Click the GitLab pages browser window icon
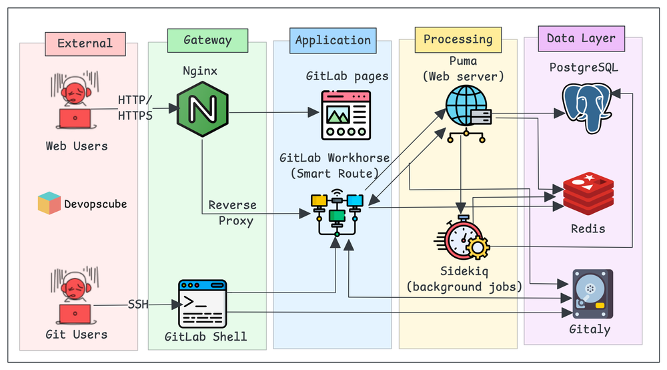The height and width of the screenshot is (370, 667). (346, 115)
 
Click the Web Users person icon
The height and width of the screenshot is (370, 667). (75, 104)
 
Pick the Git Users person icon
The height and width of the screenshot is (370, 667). (75, 293)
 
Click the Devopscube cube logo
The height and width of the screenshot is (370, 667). (49, 203)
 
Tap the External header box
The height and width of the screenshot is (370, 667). (85, 43)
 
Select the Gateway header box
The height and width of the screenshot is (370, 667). (207, 40)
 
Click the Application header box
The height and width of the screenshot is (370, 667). (332, 41)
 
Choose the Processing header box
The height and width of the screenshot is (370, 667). (458, 39)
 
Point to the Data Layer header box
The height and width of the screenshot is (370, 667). (581, 38)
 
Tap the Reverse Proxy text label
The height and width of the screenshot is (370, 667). (231, 212)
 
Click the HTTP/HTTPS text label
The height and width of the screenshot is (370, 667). (135, 108)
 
